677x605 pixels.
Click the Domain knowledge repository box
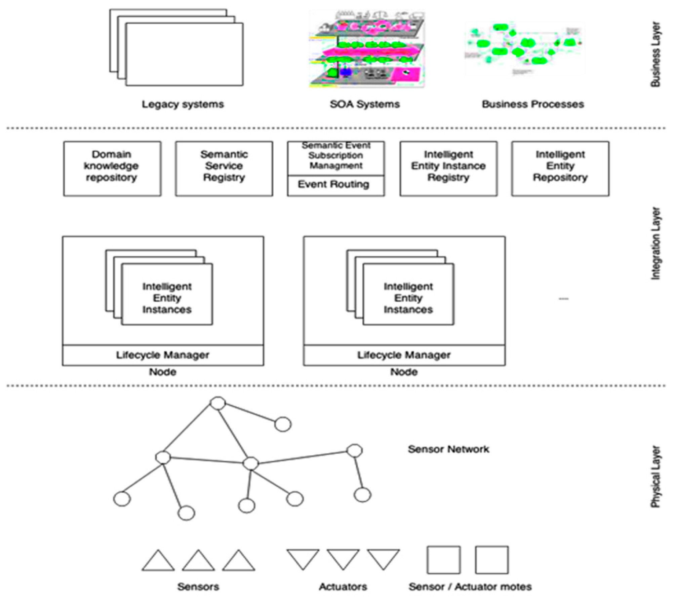click(x=112, y=168)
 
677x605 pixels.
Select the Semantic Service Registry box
click(x=224, y=168)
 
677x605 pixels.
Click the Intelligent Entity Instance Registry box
click(x=448, y=168)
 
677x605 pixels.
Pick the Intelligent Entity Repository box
click(x=560, y=168)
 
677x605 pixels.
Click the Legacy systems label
click(x=183, y=104)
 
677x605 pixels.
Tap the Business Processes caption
click(x=533, y=104)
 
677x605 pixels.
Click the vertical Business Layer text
click(x=655, y=54)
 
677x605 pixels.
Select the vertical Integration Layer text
click(x=655, y=243)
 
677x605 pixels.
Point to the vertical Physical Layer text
click(x=655, y=477)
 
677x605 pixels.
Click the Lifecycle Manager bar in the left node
click(x=163, y=355)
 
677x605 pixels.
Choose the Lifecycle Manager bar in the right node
click(x=404, y=355)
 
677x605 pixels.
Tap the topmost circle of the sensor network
click(x=217, y=403)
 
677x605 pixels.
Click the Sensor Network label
click(x=448, y=449)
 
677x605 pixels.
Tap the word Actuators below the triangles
click(x=343, y=587)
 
